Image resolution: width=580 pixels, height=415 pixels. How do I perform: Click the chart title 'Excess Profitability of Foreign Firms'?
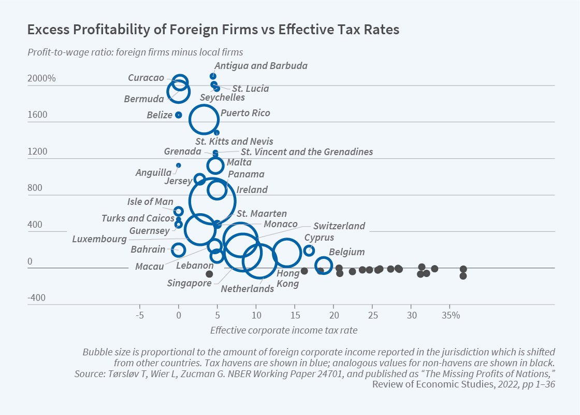click(x=213, y=30)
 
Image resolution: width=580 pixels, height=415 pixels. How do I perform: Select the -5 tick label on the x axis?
click(x=139, y=315)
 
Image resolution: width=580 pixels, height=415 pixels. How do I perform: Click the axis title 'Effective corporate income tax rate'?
click(x=284, y=330)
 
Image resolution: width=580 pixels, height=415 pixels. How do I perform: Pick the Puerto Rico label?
click(x=245, y=113)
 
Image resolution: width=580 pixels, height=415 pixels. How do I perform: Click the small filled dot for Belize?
click(x=178, y=115)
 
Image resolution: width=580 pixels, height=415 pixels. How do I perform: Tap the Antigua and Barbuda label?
click(x=261, y=66)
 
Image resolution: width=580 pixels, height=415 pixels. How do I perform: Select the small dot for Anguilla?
click(x=178, y=165)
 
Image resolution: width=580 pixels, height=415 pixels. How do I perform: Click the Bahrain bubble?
click(x=178, y=250)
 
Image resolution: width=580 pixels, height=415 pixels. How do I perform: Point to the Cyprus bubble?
click(x=309, y=250)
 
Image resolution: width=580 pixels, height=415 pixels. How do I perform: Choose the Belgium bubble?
click(x=323, y=265)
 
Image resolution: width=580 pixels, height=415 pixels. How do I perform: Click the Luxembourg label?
click(x=99, y=239)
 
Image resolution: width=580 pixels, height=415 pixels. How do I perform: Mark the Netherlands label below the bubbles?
click(x=247, y=289)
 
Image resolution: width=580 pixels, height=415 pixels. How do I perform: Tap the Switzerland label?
click(x=339, y=226)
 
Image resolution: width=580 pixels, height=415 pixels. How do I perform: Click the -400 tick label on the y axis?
click(x=37, y=298)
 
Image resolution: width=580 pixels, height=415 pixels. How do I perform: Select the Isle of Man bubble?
click(x=178, y=211)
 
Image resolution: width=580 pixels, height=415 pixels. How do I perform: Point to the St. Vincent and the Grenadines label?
click(x=307, y=152)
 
